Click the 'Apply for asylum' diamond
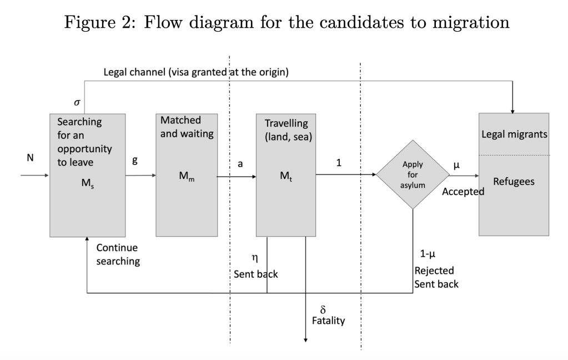tap(413, 174)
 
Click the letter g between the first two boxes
tap(134, 159)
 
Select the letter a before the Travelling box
tap(240, 163)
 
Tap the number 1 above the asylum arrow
tap(339, 163)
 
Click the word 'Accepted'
tap(463, 192)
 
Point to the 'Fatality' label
tap(328, 321)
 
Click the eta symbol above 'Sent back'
tap(255, 258)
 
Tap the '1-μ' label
tap(427, 254)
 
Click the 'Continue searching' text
tap(118, 254)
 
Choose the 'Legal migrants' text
tap(514, 134)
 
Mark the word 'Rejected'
tap(434, 271)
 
